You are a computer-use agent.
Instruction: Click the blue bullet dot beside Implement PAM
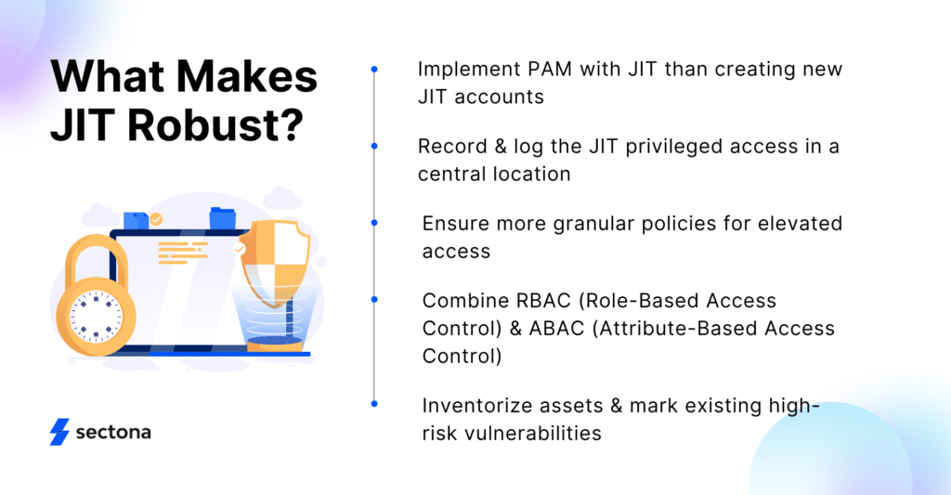pos(374,69)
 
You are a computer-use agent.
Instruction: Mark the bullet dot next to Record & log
pos(374,146)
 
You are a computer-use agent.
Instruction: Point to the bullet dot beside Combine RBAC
pos(374,299)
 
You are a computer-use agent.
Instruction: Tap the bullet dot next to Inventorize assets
pos(374,404)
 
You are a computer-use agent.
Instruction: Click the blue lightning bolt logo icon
pos(59,432)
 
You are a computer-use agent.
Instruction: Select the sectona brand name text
pos(112,433)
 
